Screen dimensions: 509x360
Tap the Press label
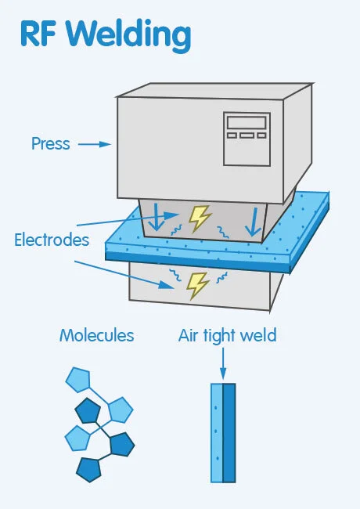point(50,144)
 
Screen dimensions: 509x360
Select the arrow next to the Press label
point(95,144)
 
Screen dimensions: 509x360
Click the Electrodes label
point(52,240)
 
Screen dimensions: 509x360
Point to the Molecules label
point(96,336)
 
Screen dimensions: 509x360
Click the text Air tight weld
point(227,336)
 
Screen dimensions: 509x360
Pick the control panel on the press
point(246,139)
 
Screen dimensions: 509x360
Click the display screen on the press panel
point(246,124)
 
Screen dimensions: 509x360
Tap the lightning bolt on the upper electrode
point(200,217)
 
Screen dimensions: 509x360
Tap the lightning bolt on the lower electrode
point(196,283)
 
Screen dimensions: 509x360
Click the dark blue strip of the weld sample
point(229,432)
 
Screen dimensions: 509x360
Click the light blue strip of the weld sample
point(217,432)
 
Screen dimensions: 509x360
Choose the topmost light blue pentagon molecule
point(78,381)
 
